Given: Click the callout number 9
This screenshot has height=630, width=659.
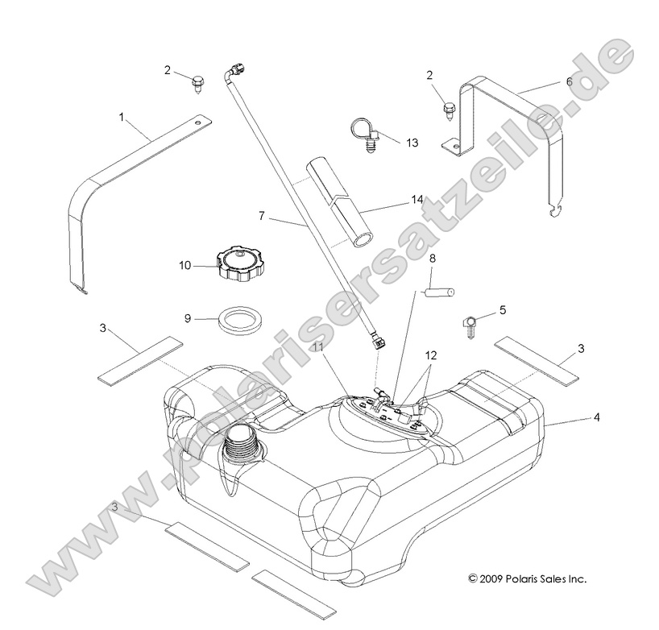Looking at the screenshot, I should coord(188,318).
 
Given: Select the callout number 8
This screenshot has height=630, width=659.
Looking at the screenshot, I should coord(432,259).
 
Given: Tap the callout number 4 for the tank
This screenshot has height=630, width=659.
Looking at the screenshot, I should coord(597,418).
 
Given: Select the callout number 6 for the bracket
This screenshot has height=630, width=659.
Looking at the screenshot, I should coord(569,82).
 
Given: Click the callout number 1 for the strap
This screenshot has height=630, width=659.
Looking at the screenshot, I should coord(122,118).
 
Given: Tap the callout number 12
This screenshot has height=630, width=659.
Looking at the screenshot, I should coord(431,355).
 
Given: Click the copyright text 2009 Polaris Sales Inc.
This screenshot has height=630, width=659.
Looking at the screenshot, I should coord(527,578).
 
